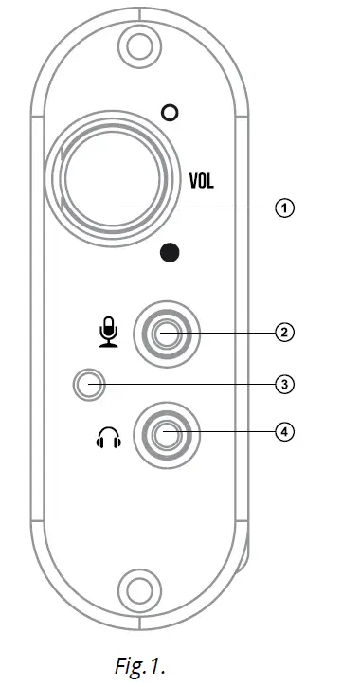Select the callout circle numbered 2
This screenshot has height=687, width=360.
[281, 333]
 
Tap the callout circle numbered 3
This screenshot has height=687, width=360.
[281, 384]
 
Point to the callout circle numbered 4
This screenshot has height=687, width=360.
[281, 431]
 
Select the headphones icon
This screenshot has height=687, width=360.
[110, 438]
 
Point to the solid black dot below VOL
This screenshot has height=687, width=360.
[171, 252]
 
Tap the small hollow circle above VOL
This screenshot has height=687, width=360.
[171, 113]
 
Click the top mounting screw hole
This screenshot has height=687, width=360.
[139, 45]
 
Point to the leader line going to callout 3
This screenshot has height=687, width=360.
[189, 384]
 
